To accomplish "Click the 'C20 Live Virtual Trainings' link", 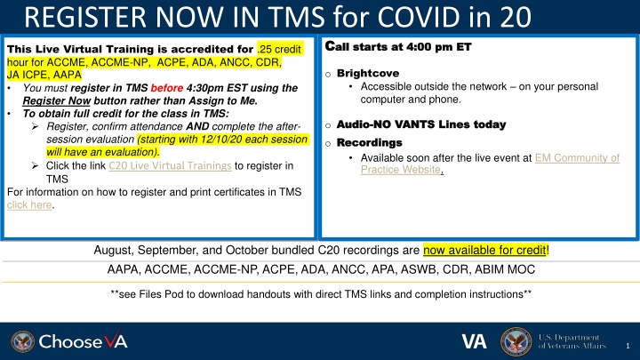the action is point(170,165).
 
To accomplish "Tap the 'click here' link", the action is point(29,205).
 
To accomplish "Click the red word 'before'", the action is point(166,88).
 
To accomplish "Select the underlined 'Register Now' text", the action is point(56,100).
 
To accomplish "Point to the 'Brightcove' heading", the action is point(368,74).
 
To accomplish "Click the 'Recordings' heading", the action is point(370,143).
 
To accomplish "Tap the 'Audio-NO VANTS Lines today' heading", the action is point(421,124).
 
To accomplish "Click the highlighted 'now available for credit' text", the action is point(484,250).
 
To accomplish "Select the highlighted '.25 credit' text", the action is point(279,50).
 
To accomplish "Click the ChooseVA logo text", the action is point(83,341).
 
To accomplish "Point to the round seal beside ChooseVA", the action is point(22,341).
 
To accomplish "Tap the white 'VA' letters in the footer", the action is point(475,341).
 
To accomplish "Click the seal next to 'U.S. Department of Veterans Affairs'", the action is point(516,341).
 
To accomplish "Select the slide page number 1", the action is point(628,346).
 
